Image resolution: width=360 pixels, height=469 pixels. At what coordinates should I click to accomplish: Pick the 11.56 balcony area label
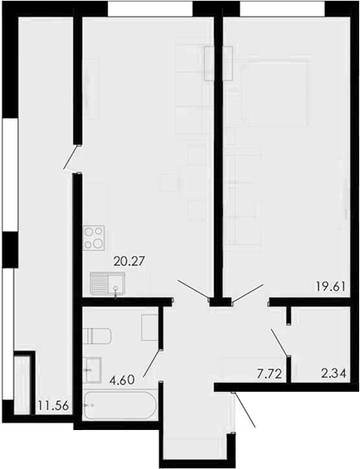53,406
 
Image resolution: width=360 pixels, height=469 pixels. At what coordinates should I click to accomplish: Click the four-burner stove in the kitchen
94,238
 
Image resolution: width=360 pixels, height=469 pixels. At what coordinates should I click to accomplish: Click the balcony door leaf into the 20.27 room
72,158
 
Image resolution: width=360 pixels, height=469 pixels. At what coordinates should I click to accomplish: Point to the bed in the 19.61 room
275,91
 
